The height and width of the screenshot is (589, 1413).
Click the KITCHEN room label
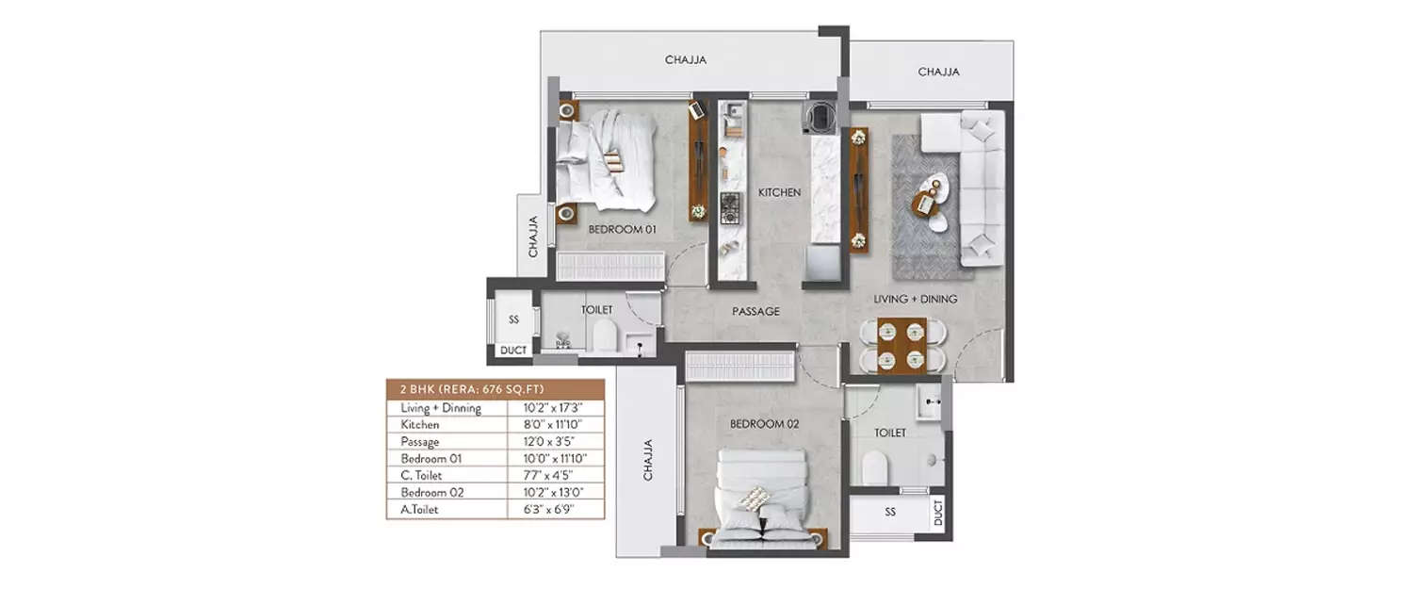pos(779,192)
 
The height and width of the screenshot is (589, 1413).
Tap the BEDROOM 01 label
pos(622,229)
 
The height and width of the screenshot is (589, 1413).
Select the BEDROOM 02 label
pos(764,424)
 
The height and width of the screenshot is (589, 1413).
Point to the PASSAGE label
pos(756,311)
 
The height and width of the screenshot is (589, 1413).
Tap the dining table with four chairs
pos(901,345)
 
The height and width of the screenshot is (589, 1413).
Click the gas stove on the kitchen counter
pos(731,206)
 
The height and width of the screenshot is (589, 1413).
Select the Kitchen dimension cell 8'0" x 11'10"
pos(553,425)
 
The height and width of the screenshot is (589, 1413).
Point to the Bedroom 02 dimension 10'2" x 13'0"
pos(553,492)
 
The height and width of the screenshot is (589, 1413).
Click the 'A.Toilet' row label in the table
pos(421,509)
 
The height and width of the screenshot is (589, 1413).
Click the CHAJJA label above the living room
pos(938,72)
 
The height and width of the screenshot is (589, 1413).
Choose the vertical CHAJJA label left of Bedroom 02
pos(648,459)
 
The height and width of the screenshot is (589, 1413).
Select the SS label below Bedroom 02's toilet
pos(889,512)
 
